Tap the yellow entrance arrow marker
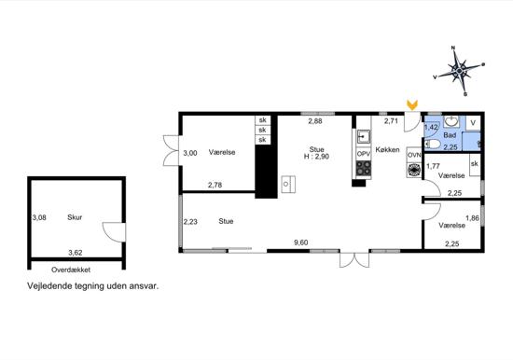coord(411,106)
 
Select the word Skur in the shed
coord(75,217)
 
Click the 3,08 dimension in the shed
coord(39,217)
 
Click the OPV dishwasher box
coord(363,152)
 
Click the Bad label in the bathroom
coord(450,136)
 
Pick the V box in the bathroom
coord(473,122)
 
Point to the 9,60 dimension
coord(301,243)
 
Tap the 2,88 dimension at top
coord(316,121)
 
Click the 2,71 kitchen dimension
coord(392,121)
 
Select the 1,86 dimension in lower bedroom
coord(472,217)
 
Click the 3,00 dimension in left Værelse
coord(190,152)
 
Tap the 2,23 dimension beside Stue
coord(190,221)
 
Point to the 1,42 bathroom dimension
coord(431,127)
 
